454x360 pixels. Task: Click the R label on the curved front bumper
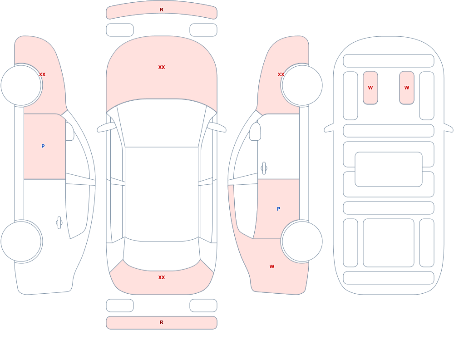(162, 10)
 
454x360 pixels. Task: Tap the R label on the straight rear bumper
(162, 322)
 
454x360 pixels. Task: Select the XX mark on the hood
(162, 67)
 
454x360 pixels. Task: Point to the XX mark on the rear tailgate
(162, 277)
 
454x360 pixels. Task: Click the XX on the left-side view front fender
(42, 74)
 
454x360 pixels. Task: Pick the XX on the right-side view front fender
(281, 74)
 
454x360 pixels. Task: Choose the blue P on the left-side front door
(43, 146)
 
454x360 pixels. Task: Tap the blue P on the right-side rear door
(279, 209)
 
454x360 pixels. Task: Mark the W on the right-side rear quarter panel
(271, 266)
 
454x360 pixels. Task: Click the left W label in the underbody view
(370, 88)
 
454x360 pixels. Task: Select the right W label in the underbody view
(406, 88)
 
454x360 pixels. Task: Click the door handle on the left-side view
(59, 223)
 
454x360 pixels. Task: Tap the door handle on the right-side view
(264, 168)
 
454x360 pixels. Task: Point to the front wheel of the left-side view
(21, 85)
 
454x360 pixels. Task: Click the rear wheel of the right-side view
(302, 242)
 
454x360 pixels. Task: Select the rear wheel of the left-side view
(21, 242)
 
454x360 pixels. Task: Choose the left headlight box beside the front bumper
(120, 30)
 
